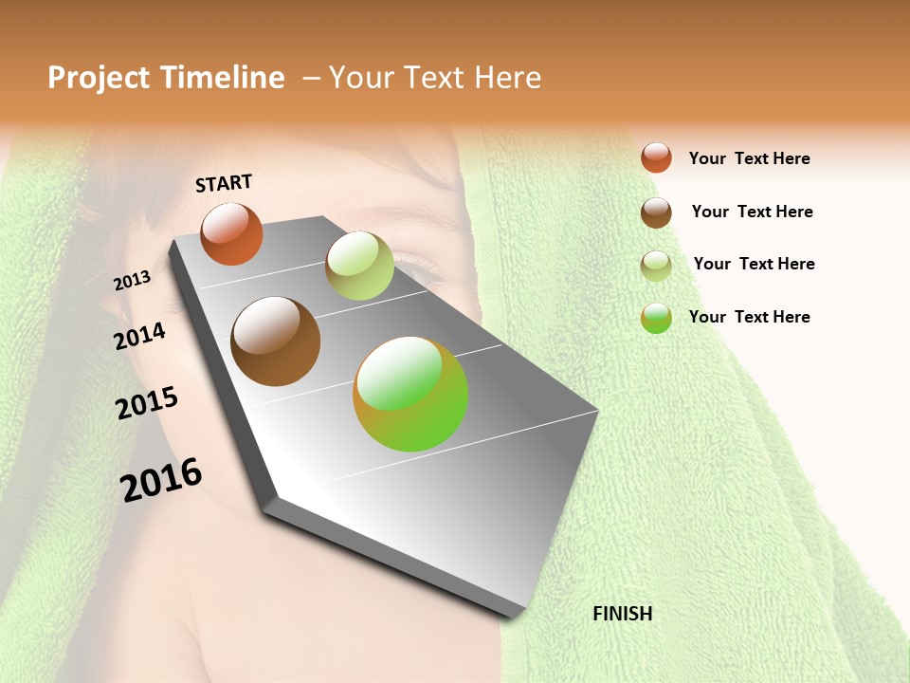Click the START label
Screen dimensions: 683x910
[x=224, y=183]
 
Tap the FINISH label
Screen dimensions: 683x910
[x=622, y=614]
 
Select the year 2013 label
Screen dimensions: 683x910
[x=133, y=280]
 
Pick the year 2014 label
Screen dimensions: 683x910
[x=139, y=336]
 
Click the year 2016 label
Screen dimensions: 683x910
[x=161, y=480]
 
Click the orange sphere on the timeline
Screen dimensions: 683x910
[x=231, y=233]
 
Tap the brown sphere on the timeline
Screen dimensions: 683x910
[x=276, y=341]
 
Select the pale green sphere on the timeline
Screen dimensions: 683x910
[x=359, y=266]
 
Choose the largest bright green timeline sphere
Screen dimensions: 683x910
[x=410, y=394]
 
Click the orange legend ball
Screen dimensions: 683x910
[x=656, y=158]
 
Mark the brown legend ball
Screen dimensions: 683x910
[x=656, y=212]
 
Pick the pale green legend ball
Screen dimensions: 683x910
[x=656, y=265]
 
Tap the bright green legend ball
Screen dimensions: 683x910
[x=656, y=318]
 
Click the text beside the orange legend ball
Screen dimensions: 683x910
[x=749, y=158]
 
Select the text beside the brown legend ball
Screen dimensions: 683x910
[x=752, y=212]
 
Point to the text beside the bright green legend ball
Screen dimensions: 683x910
[x=749, y=317]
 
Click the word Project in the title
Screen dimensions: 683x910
[x=99, y=78]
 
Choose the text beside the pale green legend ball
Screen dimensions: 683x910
[x=754, y=264]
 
